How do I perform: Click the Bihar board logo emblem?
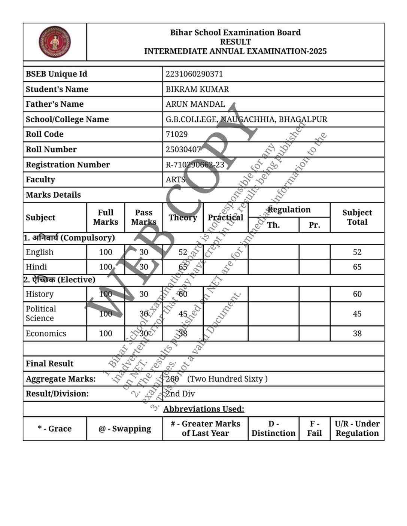point(55,42)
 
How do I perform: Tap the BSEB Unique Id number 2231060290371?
point(194,74)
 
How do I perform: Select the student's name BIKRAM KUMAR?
point(197,89)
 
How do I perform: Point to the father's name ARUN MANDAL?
point(195,104)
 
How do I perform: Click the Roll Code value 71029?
point(177,134)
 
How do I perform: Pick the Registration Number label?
point(68,165)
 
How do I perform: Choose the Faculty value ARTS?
point(176,180)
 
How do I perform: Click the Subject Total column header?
point(357,218)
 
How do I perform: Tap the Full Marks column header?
point(106,218)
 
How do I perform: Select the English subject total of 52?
point(357,252)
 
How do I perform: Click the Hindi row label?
point(36,267)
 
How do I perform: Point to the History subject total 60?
point(357,294)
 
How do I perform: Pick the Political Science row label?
point(41,314)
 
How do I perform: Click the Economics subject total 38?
point(357,334)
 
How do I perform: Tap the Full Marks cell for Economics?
point(106,334)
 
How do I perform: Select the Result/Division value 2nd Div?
point(180,394)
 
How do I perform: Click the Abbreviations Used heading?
point(204,409)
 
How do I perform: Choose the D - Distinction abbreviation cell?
point(273,429)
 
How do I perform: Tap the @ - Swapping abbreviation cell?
point(125,429)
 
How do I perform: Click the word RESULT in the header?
point(236,42)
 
